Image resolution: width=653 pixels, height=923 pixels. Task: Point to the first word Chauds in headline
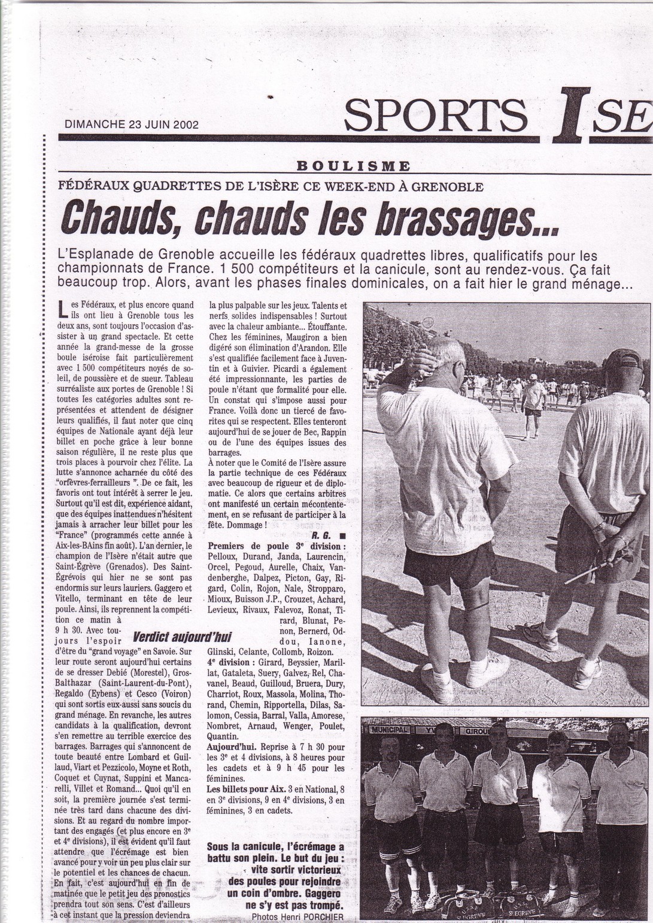tap(123, 220)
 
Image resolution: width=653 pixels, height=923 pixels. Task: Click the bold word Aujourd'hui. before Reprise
tap(231, 747)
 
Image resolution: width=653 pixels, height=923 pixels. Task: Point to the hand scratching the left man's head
tap(423, 361)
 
